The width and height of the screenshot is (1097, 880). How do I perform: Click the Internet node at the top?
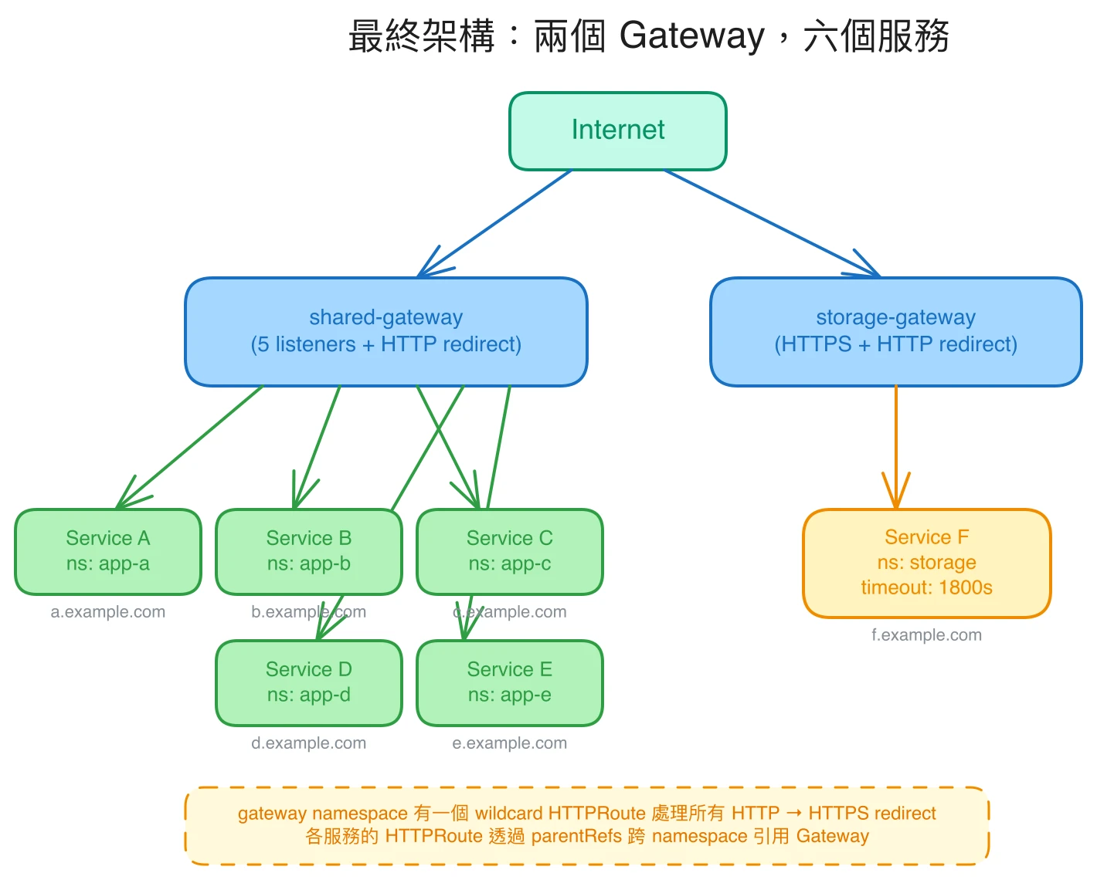coord(617,130)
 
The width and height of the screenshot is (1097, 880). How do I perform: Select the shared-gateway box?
coord(385,331)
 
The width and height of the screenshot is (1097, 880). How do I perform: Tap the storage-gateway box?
coord(895,331)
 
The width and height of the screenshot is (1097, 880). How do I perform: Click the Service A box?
coord(107,551)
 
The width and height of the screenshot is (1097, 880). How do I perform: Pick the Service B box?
coord(308,551)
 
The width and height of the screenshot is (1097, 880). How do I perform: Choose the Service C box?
coord(509,551)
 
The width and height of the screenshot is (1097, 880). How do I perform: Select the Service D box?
coord(308,682)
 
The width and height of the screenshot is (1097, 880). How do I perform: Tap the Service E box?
coord(509,682)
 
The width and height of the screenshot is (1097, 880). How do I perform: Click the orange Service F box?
coord(926,563)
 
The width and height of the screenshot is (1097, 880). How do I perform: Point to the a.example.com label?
coord(107,612)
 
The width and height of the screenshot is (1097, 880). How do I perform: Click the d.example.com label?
coord(308,743)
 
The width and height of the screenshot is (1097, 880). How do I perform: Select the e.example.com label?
coord(509,743)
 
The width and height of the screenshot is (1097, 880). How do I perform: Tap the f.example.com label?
coord(926,635)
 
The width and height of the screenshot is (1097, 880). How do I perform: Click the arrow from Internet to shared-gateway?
coord(494,223)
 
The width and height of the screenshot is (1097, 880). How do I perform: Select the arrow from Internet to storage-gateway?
coord(773,223)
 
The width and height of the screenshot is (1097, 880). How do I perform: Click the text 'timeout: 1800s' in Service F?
coord(926,587)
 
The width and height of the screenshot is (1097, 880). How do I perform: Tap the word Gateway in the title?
coord(691,36)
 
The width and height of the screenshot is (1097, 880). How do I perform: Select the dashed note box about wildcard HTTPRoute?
coord(586,825)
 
